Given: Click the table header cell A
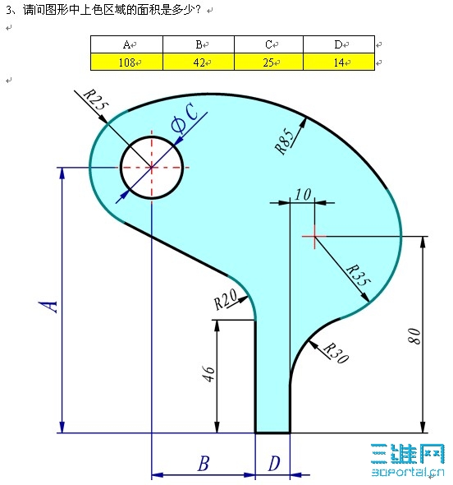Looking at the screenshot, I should (x=126, y=44).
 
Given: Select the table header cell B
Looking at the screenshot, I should (x=199, y=44).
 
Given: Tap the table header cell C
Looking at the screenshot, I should (x=268, y=44).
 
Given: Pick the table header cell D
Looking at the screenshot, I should (x=338, y=44).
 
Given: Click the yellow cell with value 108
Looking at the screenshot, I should (x=126, y=62).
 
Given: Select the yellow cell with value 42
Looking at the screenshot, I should (x=199, y=62).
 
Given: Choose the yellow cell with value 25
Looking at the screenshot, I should (x=268, y=62).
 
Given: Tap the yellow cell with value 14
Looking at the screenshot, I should (x=338, y=62).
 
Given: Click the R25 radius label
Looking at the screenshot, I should (x=96, y=102).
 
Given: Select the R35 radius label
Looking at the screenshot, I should (x=357, y=275).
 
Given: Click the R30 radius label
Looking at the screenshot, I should (x=332, y=351).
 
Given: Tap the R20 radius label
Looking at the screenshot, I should (x=226, y=299).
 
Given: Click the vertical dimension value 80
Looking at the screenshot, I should (x=414, y=335).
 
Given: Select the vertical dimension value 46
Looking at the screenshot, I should (x=208, y=374).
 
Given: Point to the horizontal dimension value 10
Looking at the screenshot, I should (x=302, y=195).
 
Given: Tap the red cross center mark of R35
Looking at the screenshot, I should (x=313, y=236).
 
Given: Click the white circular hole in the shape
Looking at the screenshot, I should (x=152, y=168).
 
